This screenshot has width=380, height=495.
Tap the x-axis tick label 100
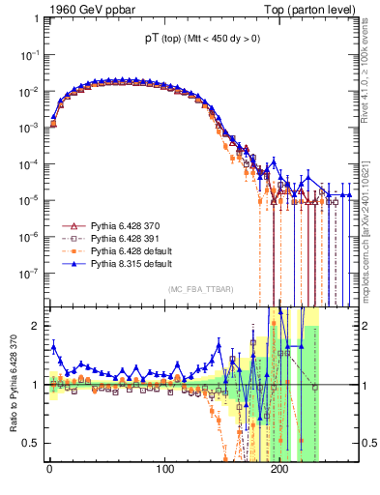point(165,471)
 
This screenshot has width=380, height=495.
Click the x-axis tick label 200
point(279,471)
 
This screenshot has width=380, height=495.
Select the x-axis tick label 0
point(50,471)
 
